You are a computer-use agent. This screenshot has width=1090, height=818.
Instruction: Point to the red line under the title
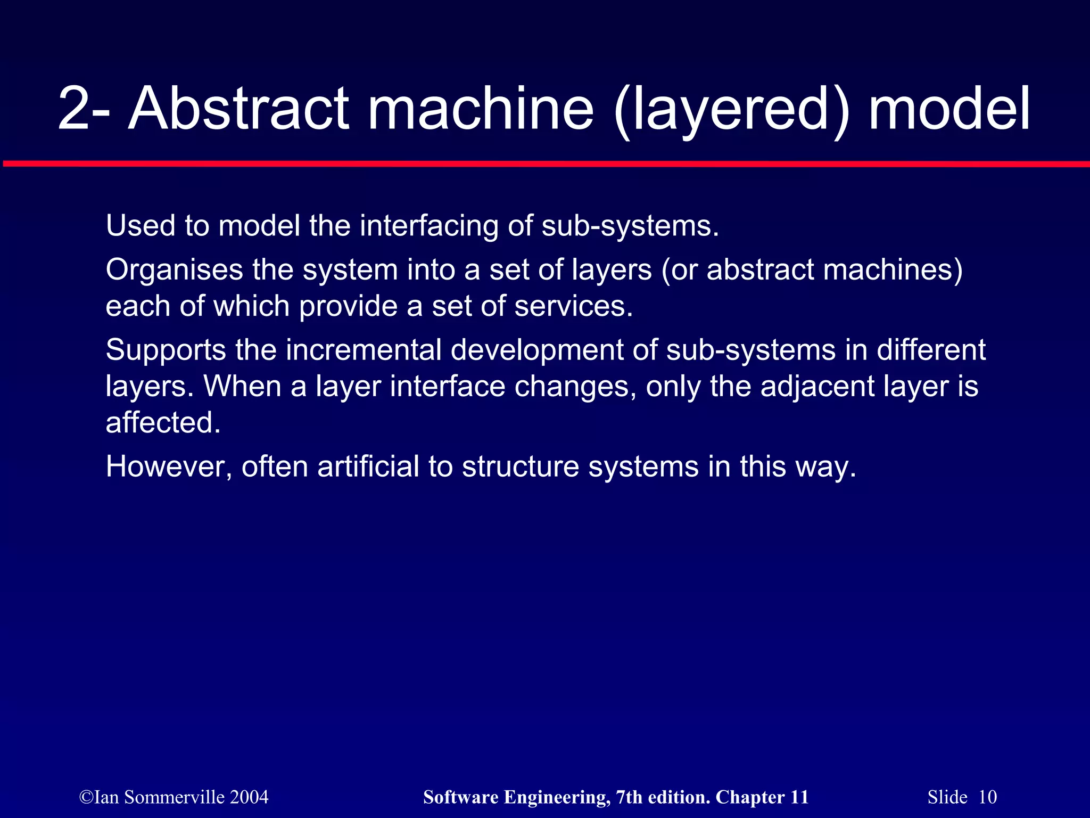tap(545, 164)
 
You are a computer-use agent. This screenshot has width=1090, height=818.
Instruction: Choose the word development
tap(538, 351)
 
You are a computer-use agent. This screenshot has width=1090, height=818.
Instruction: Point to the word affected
tap(163, 423)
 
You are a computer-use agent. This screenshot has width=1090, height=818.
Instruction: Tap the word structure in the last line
tap(520, 467)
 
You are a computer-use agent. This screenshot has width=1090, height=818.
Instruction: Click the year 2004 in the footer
tap(249, 797)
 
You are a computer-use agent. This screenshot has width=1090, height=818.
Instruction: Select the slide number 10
tap(987, 797)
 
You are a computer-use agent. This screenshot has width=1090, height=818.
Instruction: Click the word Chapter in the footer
tap(750, 797)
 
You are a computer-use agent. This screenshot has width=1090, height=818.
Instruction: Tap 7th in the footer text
tap(629, 797)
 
